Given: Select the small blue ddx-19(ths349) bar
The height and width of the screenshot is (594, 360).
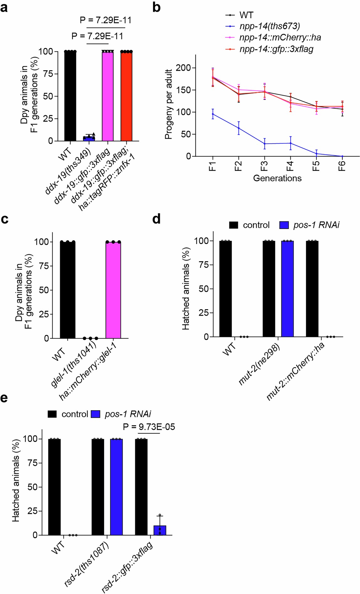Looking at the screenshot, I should point(89,138).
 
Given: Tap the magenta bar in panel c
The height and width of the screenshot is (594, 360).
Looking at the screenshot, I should point(113,290).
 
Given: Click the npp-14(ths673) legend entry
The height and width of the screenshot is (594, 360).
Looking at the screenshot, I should point(269,26).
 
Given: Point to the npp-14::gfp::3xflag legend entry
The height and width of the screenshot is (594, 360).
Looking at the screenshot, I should point(276,49).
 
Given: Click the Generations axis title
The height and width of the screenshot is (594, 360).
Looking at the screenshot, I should point(277,178).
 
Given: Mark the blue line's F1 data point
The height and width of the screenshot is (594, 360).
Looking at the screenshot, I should point(213,114).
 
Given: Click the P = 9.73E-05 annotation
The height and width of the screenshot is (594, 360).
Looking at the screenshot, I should point(149,427).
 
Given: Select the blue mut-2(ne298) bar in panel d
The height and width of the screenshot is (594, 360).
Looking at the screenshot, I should point(287,289).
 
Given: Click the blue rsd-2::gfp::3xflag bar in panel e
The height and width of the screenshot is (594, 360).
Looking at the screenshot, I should point(160,530).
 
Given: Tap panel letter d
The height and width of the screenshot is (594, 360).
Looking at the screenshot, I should point(156,219).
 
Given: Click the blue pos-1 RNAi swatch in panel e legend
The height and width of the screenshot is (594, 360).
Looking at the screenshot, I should point(96,414).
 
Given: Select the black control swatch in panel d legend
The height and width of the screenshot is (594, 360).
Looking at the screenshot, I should point(234,225).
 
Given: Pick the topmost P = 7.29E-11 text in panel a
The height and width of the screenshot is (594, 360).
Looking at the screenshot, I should point(105,20).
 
